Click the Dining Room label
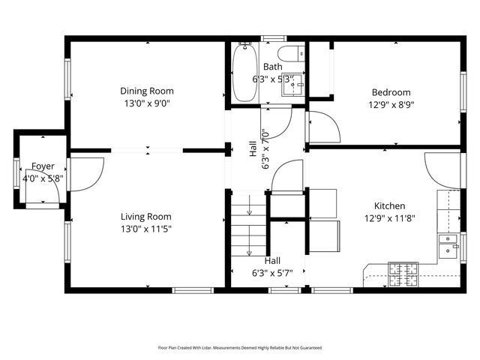click(x=146, y=91)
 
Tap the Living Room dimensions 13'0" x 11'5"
click(x=146, y=229)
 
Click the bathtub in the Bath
click(x=245, y=73)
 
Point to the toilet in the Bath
click(x=289, y=54)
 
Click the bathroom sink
click(x=293, y=84)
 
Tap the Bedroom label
click(x=391, y=93)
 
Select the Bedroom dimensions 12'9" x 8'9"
click(x=391, y=106)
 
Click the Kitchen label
click(x=390, y=205)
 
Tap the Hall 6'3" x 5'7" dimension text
click(x=271, y=273)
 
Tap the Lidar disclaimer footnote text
click(x=239, y=348)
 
